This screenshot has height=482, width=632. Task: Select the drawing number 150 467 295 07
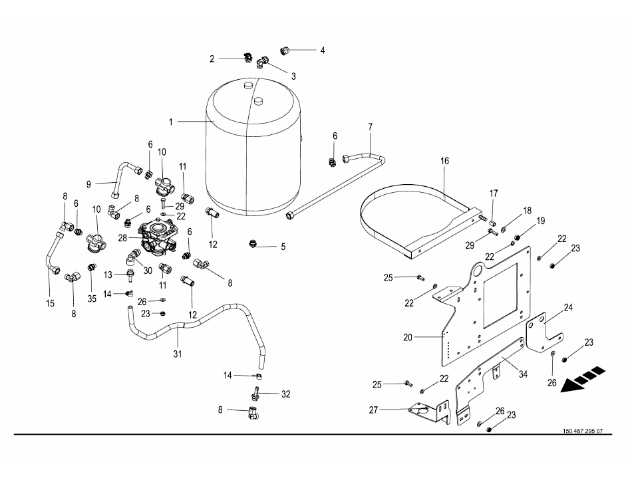(582, 430)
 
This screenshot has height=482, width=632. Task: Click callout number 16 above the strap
(444, 161)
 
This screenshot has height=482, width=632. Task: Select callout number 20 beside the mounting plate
(407, 337)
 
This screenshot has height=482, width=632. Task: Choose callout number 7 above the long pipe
(370, 126)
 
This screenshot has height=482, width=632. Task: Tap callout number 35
(92, 299)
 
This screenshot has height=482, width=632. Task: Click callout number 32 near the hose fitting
(285, 394)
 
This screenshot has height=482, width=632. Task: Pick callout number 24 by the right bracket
(568, 308)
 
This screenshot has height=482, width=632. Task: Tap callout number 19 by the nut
(541, 220)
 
